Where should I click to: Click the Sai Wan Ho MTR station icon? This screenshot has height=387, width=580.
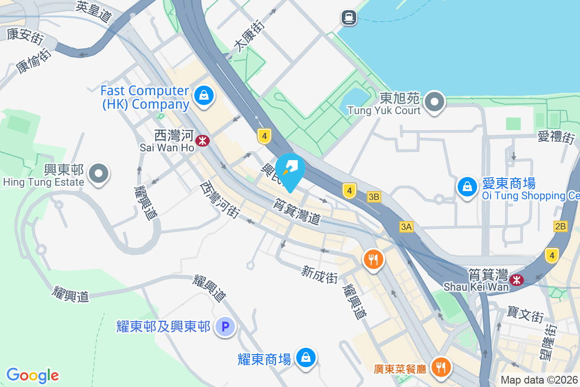coord(203,141)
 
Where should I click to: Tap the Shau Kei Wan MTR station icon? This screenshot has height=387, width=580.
coord(517,280)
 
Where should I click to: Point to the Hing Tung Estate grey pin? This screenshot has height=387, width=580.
coord(99,173)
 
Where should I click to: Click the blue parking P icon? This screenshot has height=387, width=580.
coord(225,327)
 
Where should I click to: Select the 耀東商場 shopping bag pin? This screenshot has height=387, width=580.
coord(306,358)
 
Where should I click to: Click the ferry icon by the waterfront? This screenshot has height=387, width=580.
coord(348,18)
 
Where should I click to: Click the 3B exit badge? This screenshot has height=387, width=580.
coord(374,197)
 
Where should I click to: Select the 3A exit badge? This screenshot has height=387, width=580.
coord(406,226)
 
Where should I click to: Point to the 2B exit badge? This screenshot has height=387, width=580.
coord(560,226)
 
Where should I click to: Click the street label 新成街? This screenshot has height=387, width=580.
coord(319,274)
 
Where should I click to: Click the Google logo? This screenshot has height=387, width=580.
coord(33,375)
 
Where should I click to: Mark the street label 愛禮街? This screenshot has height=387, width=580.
coord(556,137)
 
